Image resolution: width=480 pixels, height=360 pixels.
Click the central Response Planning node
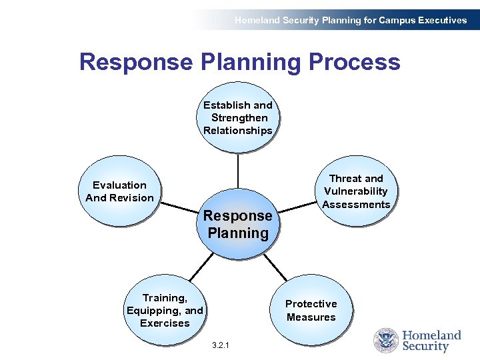(238, 224)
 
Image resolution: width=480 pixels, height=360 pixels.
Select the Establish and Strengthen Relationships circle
(238, 118)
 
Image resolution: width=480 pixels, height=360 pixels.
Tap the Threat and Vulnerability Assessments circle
(356, 191)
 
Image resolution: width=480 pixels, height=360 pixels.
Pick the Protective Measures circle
(311, 311)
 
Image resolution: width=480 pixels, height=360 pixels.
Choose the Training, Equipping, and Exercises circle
(165, 311)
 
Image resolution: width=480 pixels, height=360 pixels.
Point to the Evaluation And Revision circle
(119, 191)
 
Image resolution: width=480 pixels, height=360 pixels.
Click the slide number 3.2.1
(219, 345)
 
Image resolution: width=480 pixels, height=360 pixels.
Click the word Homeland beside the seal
(431, 335)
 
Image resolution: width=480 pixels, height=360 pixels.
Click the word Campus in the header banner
(395, 20)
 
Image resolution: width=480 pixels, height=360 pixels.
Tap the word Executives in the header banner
(441, 20)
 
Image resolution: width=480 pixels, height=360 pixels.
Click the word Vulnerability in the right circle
(356, 191)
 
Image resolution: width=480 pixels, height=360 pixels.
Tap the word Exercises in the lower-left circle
(165, 323)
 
